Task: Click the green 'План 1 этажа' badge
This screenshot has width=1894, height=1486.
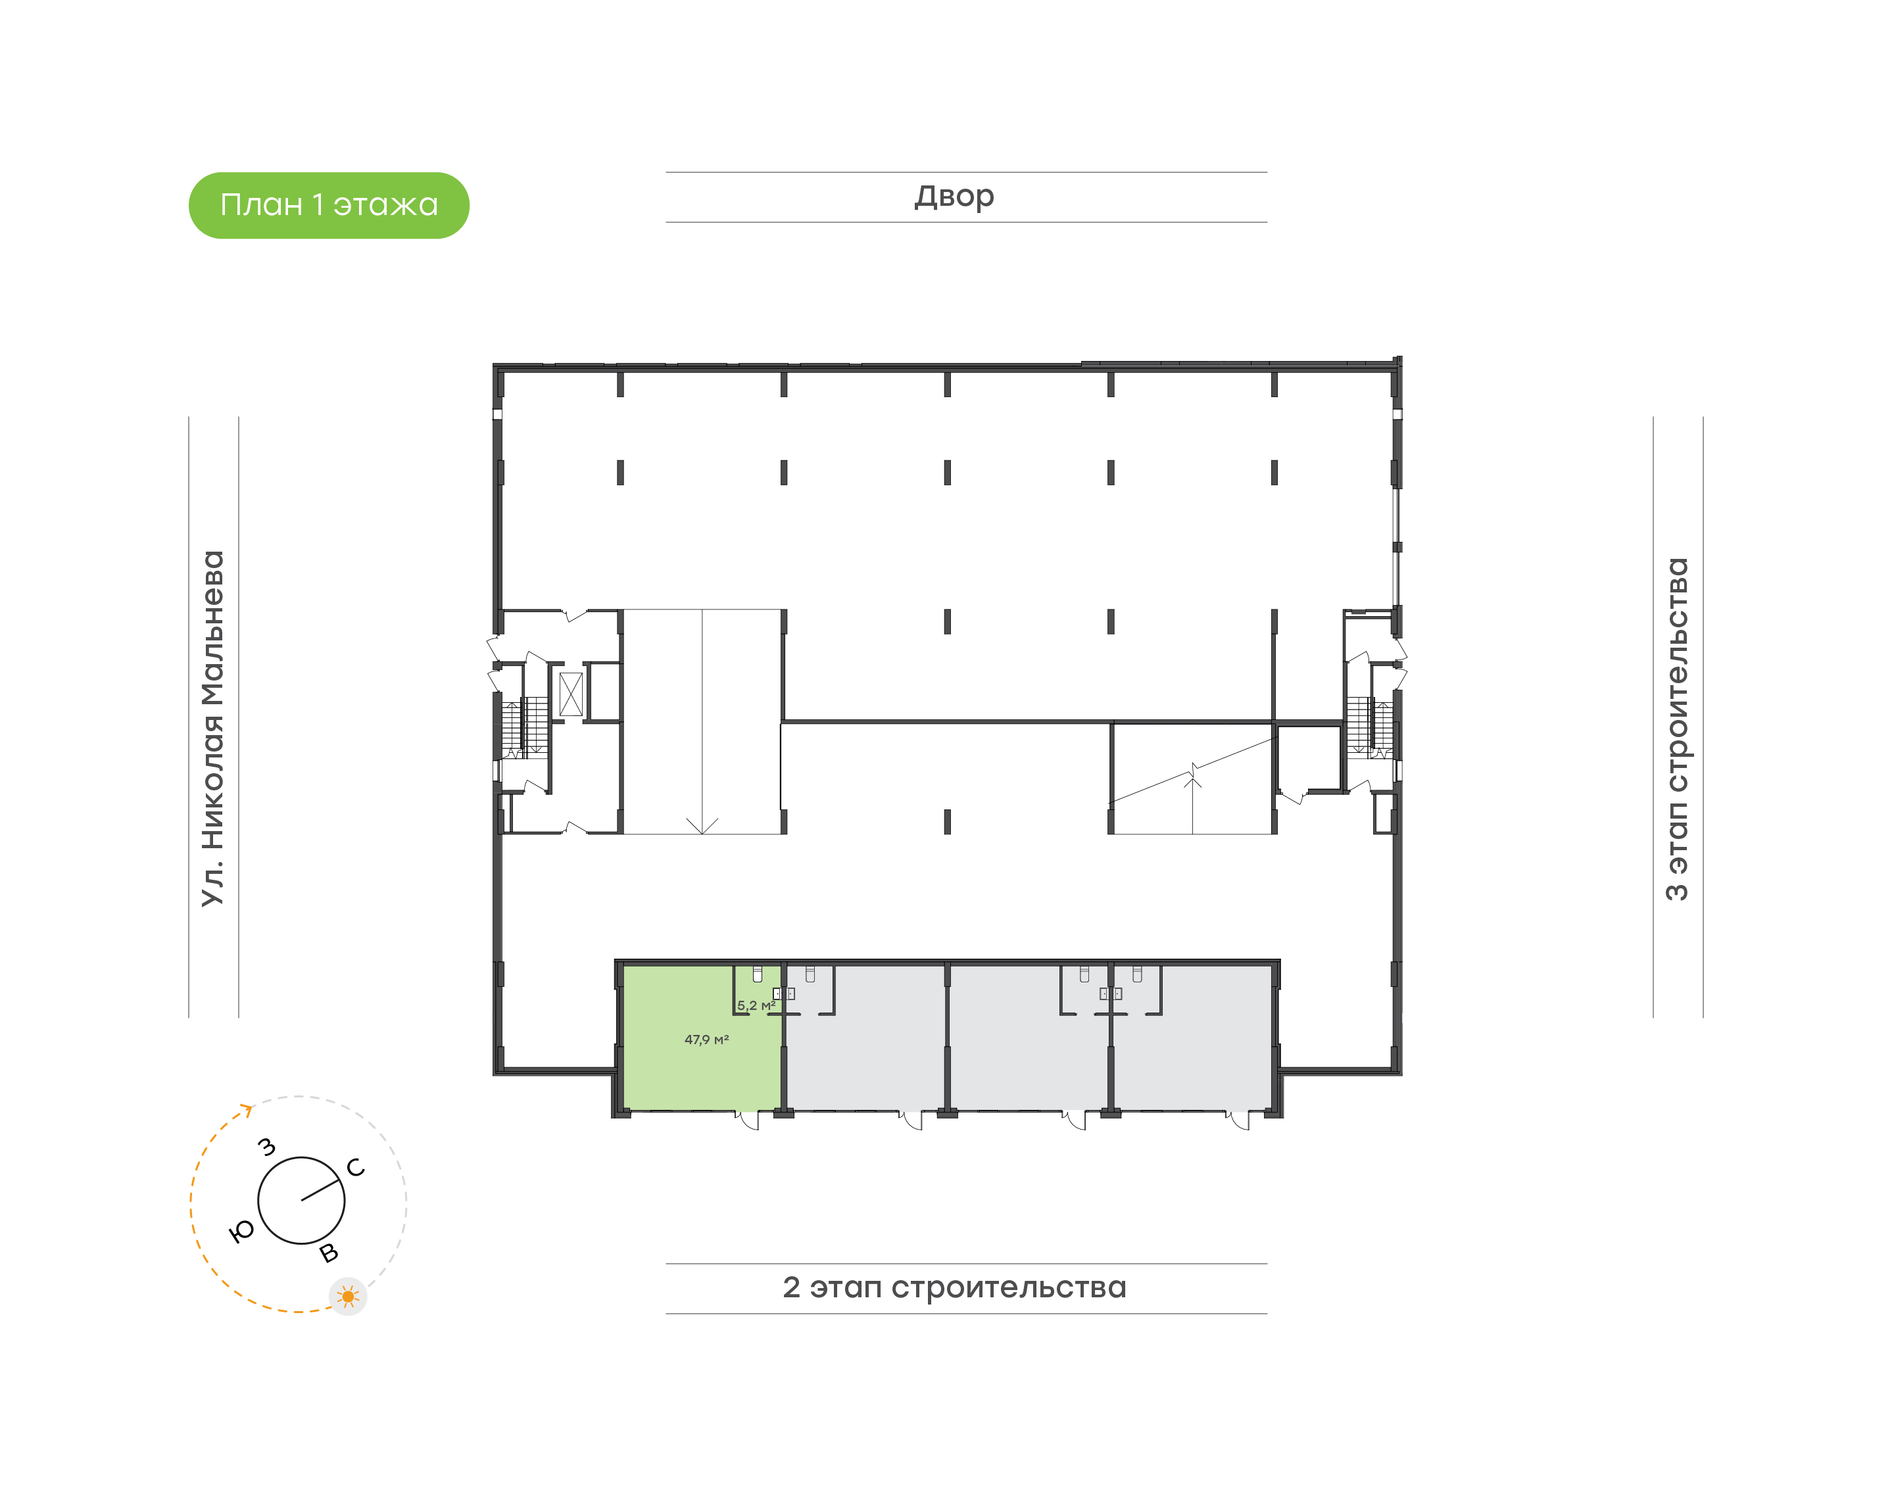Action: pyautogui.click(x=329, y=205)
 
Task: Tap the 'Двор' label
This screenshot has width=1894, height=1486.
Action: pyautogui.click(x=954, y=197)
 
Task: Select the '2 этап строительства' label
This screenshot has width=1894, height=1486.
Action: pyautogui.click(x=954, y=1287)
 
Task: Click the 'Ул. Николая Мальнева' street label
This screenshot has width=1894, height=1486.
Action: pyautogui.click(x=212, y=729)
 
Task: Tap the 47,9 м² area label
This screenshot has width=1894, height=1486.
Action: pyautogui.click(x=706, y=1040)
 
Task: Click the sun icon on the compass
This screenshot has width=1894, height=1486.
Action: pyautogui.click(x=348, y=1297)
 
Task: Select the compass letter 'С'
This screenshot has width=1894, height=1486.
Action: pyautogui.click(x=355, y=1168)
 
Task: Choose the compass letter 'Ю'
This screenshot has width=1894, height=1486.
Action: pyautogui.click(x=241, y=1231)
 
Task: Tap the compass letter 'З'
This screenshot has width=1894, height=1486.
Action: pyautogui.click(x=267, y=1147)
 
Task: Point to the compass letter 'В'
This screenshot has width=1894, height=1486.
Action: pyautogui.click(x=329, y=1253)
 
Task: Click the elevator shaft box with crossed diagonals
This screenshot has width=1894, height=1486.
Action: pyautogui.click(x=571, y=694)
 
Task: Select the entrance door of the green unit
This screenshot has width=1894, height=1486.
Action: pyautogui.click(x=748, y=1120)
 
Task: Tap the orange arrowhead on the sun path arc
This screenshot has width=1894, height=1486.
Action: pyautogui.click(x=247, y=1109)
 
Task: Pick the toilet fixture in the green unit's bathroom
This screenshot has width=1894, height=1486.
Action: pyautogui.click(x=758, y=974)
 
